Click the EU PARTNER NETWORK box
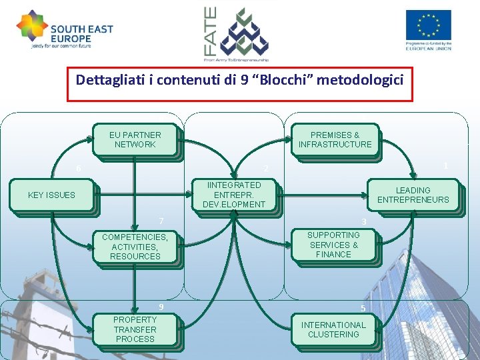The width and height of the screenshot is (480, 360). (x=135, y=140)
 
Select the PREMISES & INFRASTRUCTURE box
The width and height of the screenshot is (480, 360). (x=335, y=140)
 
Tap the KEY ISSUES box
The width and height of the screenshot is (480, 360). (x=52, y=195)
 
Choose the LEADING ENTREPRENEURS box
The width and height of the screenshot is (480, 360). (x=413, y=195)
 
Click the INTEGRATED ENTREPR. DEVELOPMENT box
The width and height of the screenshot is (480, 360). (x=234, y=195)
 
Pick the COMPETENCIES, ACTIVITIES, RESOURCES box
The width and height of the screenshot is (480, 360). (x=135, y=247)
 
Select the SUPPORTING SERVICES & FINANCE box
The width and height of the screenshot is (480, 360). (x=333, y=245)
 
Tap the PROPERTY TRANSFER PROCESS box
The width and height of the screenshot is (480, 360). (x=135, y=329)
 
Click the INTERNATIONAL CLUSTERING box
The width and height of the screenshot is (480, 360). (x=333, y=329)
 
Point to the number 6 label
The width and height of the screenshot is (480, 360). (x=79, y=169)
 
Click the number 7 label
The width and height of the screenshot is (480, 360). (x=161, y=221)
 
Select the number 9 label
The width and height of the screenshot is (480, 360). (x=161, y=307)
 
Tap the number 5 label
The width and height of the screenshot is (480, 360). (x=363, y=308)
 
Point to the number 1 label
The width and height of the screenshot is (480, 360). (x=445, y=165)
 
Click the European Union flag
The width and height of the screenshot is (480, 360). (x=428, y=25)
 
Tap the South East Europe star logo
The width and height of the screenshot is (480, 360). (x=32, y=26)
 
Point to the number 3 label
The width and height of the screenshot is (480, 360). (x=364, y=221)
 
